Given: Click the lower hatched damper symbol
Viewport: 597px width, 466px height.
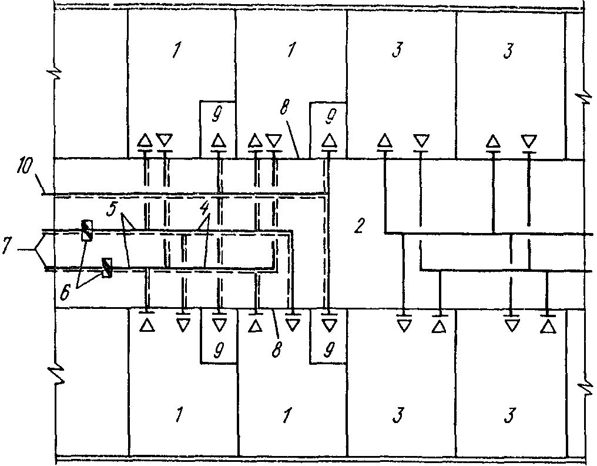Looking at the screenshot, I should pos(107,268).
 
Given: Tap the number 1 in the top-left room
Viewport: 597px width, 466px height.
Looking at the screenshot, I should pos(175,51).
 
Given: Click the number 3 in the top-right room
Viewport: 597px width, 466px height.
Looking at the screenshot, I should pos(508,51).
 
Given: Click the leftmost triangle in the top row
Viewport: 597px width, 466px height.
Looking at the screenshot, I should pos(145,141).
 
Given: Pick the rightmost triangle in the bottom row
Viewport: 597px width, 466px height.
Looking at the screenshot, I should pos(548,325).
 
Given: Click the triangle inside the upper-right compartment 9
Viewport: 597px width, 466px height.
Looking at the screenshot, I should pos(328,141).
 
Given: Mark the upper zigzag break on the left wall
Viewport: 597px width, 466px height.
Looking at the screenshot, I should pos(55,76).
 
